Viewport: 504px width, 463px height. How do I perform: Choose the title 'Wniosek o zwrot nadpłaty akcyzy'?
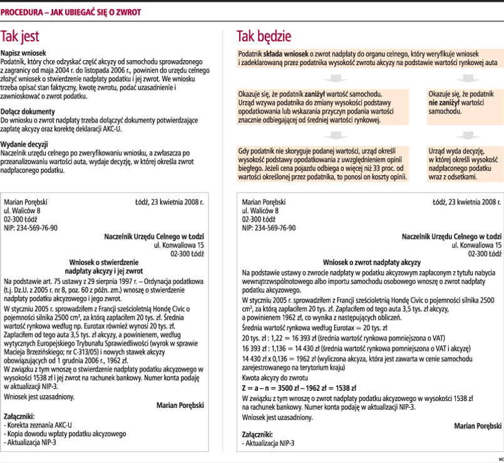(371, 263)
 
